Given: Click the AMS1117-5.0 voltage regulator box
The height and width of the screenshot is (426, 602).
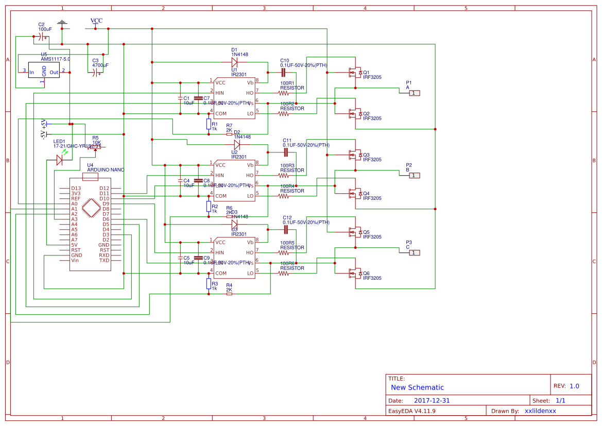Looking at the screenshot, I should pyautogui.click(x=44, y=72).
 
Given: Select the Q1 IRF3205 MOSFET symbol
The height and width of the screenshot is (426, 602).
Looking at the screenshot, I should pyautogui.click(x=354, y=72).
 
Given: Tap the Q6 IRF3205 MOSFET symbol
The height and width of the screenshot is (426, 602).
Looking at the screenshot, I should pyautogui.click(x=354, y=273).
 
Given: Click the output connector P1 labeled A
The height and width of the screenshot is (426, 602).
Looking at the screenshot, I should pyautogui.click(x=415, y=93).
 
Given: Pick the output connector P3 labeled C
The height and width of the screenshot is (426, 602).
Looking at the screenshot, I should pyautogui.click(x=415, y=252).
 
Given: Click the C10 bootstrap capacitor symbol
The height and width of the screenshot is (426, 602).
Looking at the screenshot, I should pyautogui.click(x=283, y=72).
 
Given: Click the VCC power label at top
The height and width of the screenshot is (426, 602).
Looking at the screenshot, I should pyautogui.click(x=96, y=21).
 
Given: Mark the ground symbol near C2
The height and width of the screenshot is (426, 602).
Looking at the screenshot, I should pyautogui.click(x=62, y=23).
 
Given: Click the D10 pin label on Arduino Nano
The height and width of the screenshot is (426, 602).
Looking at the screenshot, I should pyautogui.click(x=104, y=198).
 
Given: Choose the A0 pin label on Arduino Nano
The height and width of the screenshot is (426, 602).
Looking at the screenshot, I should pyautogui.click(x=74, y=203).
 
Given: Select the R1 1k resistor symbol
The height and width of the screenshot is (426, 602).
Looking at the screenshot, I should pyautogui.click(x=209, y=124).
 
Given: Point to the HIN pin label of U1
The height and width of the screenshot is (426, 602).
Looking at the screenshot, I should pyautogui.click(x=220, y=93).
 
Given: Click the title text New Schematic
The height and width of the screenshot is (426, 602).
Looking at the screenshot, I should pyautogui.click(x=417, y=387).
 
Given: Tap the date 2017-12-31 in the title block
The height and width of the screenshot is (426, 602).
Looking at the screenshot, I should pyautogui.click(x=432, y=400).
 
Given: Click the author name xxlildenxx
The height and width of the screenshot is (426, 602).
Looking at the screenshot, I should pyautogui.click(x=540, y=411).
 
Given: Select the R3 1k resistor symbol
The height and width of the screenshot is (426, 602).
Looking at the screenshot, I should pyautogui.click(x=209, y=283).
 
